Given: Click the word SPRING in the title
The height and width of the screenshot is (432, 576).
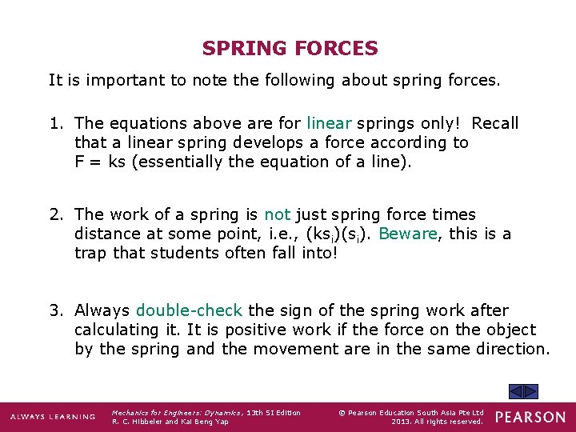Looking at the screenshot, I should (x=245, y=49).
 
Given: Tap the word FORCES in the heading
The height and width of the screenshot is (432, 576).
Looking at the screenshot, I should (x=336, y=49).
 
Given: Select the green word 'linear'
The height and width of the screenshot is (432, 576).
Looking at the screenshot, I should (x=329, y=123).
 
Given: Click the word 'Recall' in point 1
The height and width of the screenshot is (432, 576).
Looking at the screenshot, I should (x=494, y=123).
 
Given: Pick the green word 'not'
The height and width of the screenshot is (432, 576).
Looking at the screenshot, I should (x=277, y=214).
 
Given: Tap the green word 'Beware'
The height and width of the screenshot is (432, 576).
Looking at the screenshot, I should (x=408, y=234).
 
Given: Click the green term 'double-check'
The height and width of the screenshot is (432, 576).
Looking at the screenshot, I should (x=190, y=310).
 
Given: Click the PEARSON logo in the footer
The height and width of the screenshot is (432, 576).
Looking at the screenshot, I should (x=530, y=417).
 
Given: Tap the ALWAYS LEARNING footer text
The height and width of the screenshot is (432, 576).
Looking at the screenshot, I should (x=53, y=417).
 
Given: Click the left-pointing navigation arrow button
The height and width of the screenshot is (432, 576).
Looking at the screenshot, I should (x=516, y=391).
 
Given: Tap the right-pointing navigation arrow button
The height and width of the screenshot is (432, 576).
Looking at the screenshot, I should (x=530, y=391).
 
